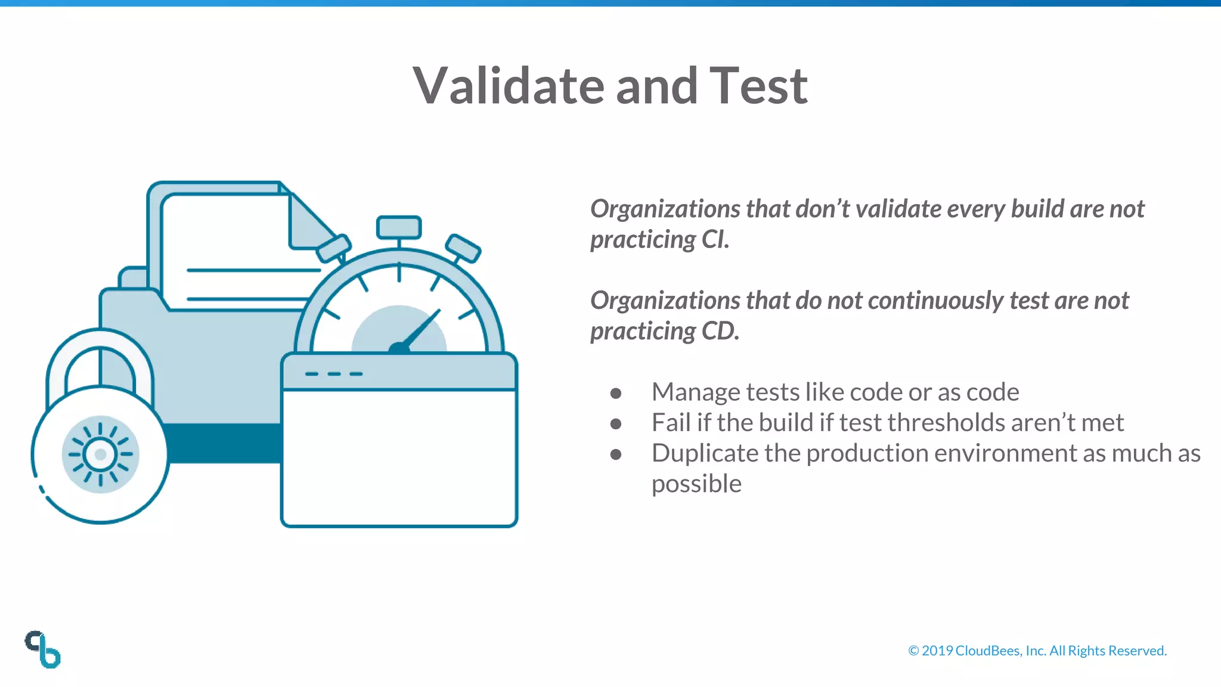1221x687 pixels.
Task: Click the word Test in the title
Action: click(758, 86)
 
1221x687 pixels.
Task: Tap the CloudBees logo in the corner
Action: click(43, 649)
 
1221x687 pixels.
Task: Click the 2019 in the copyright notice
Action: click(937, 651)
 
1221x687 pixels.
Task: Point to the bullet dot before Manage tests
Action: click(616, 393)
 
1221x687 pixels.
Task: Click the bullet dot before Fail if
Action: click(616, 423)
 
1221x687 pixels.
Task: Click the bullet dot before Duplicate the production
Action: click(616, 454)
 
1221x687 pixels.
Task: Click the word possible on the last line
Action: click(696, 484)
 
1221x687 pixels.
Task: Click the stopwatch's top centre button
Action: click(399, 227)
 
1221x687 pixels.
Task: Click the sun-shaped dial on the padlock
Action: click(100, 454)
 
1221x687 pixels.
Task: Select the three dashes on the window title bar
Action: click(334, 374)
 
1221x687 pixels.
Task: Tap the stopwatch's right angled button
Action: click(463, 248)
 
